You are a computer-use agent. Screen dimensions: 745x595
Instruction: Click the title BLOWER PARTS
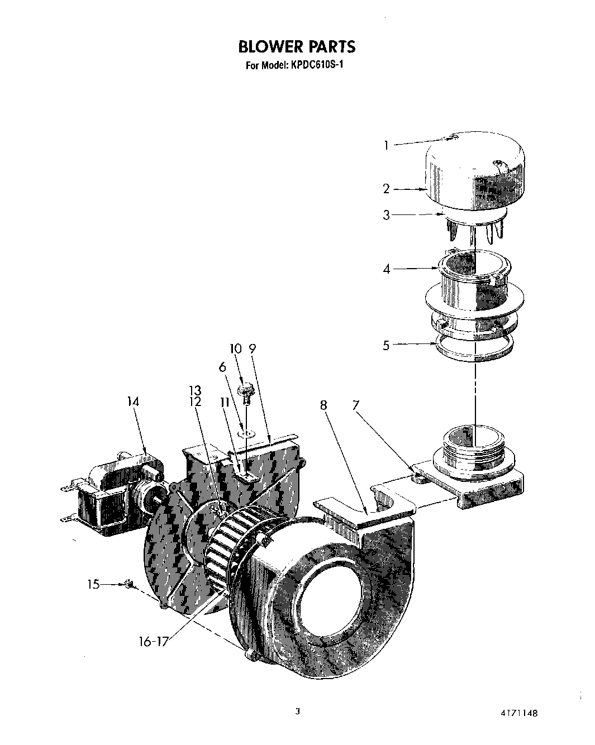click(297, 46)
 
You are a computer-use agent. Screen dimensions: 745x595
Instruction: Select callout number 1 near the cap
click(386, 145)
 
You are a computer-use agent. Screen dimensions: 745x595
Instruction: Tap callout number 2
click(386, 189)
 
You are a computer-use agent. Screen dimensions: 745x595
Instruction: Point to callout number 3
click(386, 214)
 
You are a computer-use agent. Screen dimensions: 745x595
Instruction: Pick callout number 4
click(386, 269)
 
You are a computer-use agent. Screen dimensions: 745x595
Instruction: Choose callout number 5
click(386, 345)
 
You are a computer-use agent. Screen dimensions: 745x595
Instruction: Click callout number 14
click(133, 402)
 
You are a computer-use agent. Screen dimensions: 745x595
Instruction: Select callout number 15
click(93, 585)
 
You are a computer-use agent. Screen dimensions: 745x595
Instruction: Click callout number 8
click(323, 405)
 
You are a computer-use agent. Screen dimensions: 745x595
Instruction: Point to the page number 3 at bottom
click(298, 711)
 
